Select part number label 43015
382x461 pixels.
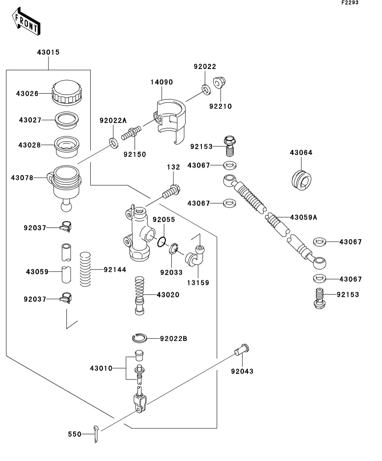(x=48, y=53)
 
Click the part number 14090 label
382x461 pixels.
(x=162, y=82)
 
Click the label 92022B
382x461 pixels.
(x=173, y=338)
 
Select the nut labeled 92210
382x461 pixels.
(x=219, y=83)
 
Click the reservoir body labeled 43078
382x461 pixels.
(x=65, y=184)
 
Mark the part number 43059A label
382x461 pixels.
(x=303, y=217)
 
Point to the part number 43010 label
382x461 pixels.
(x=101, y=368)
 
